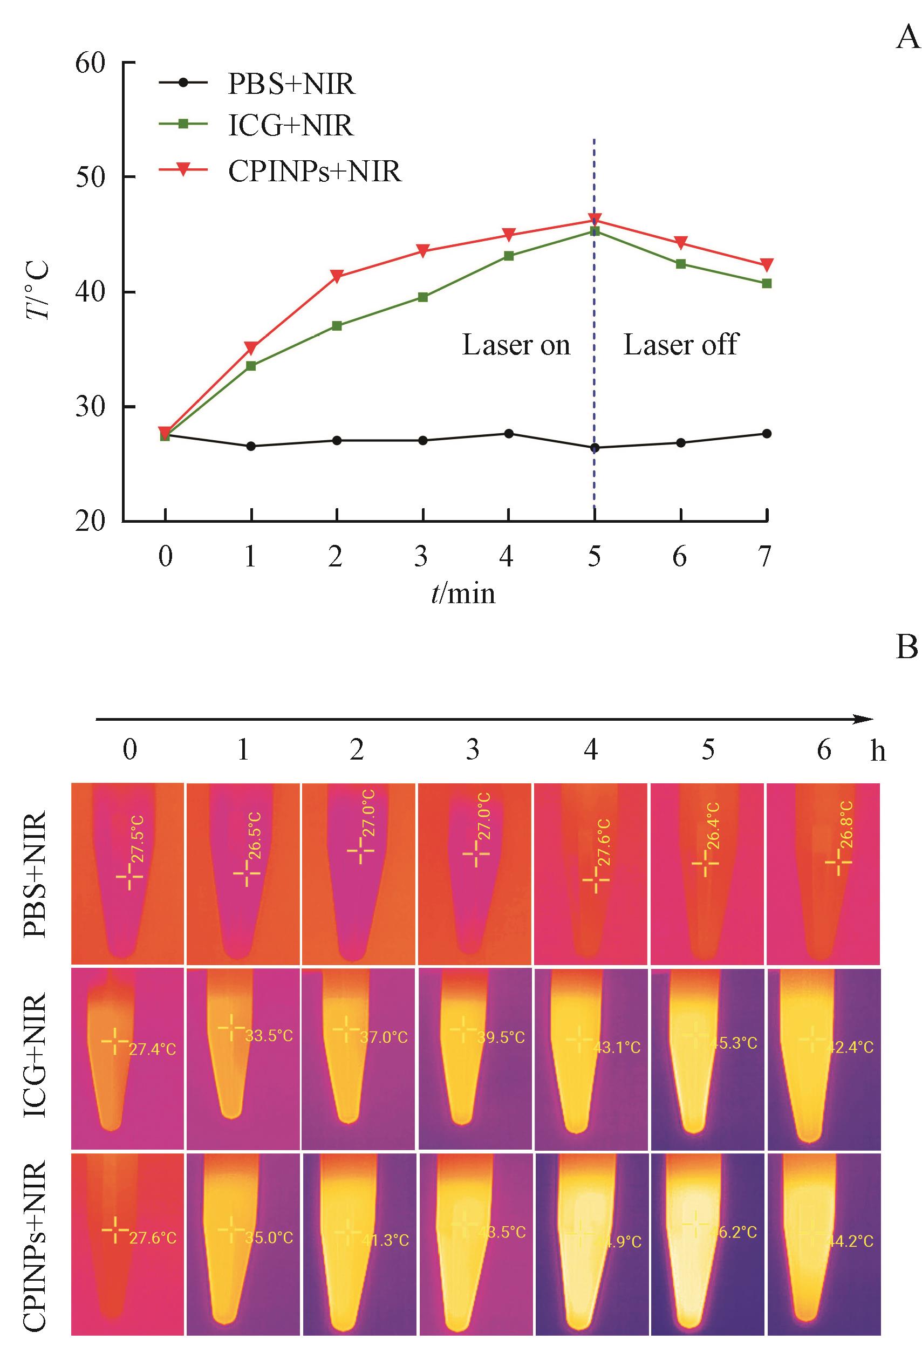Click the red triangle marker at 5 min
[595, 220]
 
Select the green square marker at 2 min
[337, 325]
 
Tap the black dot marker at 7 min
[767, 433]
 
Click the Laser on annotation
[516, 345]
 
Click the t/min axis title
[463, 593]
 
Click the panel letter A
[907, 38]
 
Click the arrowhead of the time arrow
[866, 720]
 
